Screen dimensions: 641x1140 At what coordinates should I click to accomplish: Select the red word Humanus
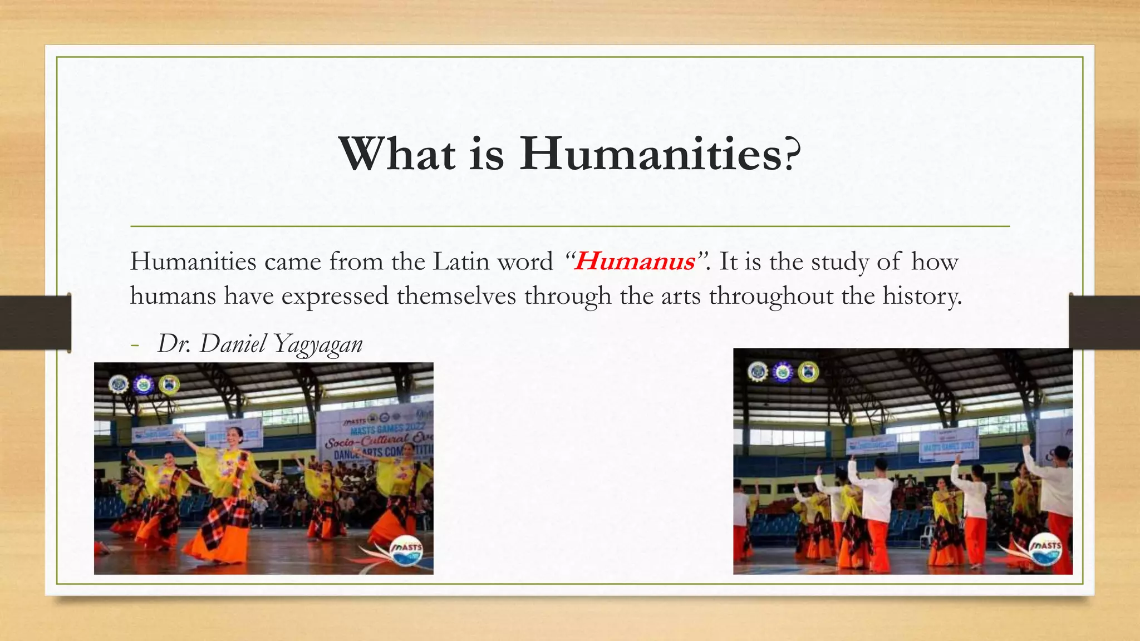tap(635, 262)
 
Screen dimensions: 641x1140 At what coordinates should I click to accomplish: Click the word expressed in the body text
tap(335, 295)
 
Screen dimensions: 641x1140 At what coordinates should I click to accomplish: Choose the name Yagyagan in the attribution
tap(318, 344)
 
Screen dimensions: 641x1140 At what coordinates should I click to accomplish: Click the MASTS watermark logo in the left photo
tap(407, 550)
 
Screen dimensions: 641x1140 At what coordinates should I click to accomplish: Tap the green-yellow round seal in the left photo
tap(169, 384)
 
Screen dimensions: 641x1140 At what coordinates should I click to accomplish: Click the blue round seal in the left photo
tap(144, 384)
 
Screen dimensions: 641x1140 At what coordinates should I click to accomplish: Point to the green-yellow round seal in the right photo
tap(808, 372)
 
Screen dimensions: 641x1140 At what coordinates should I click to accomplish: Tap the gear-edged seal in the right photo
tap(758, 371)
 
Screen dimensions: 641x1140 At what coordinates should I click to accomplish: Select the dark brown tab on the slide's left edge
tap(35, 323)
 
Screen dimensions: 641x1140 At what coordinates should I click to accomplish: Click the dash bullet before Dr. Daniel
tap(134, 345)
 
